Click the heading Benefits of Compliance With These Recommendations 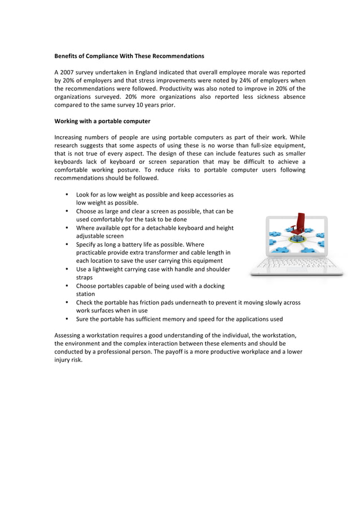[x=129, y=56]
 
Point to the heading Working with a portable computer [x=102, y=121]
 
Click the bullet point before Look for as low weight [x=67, y=194]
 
